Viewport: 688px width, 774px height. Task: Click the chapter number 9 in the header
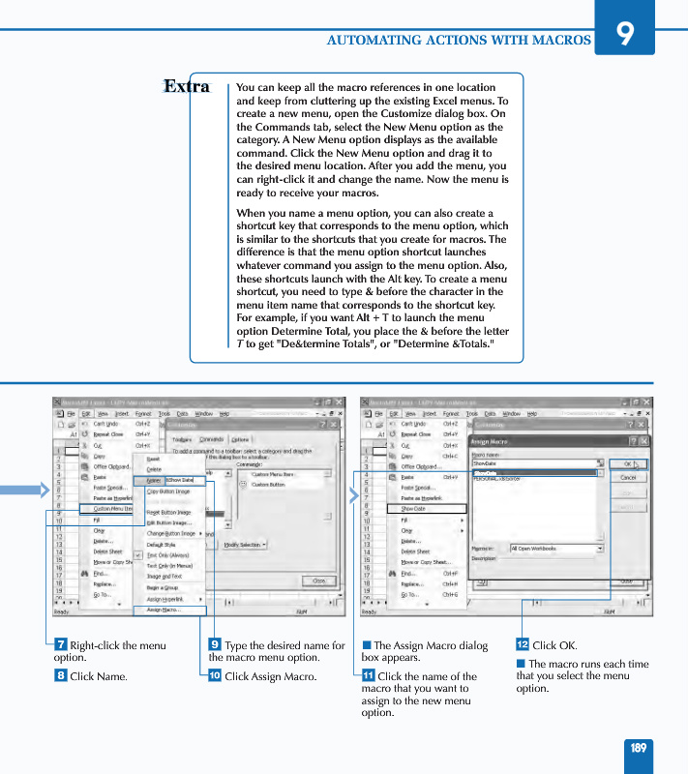[627, 34]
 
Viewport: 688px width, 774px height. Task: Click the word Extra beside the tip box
[187, 87]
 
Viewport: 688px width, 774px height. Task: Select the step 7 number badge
[60, 645]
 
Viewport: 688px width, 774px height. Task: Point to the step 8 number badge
[60, 676]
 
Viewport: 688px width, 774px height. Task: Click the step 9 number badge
[215, 645]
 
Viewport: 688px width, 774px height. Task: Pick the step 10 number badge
[215, 676]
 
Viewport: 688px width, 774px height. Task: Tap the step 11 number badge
[368, 676]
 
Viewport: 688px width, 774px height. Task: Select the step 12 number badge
[523, 645]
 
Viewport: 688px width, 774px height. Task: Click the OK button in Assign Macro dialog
[628, 464]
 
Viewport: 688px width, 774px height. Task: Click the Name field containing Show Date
[183, 480]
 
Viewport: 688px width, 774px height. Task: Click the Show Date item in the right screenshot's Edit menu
[413, 508]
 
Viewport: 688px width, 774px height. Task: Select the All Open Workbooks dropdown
[555, 549]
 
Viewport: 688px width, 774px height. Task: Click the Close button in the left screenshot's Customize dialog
[317, 580]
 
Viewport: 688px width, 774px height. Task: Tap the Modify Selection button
[245, 545]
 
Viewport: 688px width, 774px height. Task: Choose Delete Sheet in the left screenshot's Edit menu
[107, 551]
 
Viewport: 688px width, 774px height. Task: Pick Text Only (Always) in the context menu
[168, 555]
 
